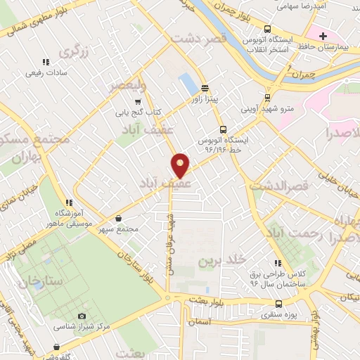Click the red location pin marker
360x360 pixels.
181,165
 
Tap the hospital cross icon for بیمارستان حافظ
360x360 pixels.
323,35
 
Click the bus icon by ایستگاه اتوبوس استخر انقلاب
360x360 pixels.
266,30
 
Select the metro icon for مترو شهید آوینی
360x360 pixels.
266,98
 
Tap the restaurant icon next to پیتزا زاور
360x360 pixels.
205,89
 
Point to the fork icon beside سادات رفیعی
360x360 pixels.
46,62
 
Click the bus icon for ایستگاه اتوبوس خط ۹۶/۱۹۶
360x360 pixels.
223,129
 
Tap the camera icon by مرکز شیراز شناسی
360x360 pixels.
82,316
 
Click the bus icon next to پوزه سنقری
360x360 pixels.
279,304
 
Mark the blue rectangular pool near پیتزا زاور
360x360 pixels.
188,84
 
